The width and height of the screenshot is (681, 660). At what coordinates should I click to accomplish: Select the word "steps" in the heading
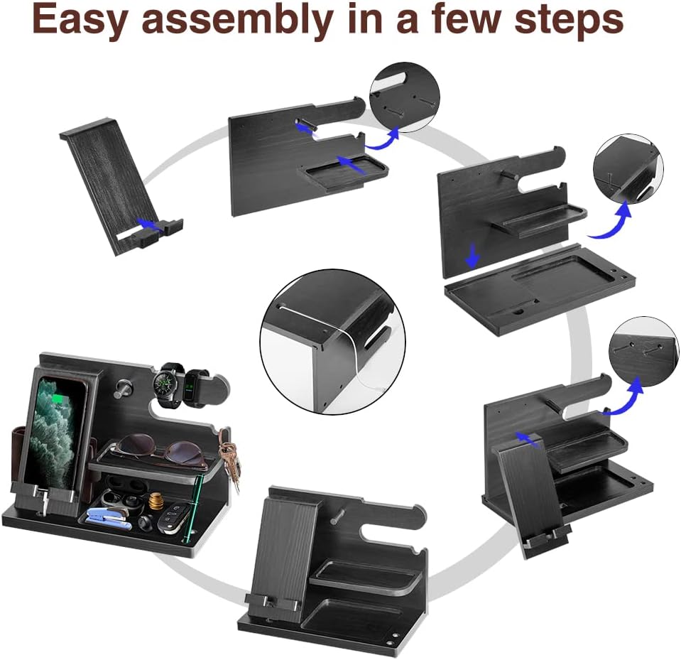point(570,21)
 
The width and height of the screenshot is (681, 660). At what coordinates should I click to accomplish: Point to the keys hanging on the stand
point(231,458)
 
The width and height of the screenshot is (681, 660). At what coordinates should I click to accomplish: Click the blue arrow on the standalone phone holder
point(150,224)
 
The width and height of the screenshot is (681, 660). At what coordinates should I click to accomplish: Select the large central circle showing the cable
point(332,342)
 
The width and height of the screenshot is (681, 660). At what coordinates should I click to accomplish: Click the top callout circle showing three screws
point(404,97)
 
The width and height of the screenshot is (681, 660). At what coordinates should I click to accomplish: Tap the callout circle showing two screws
point(643,351)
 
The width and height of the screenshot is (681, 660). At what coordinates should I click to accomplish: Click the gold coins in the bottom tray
point(156,502)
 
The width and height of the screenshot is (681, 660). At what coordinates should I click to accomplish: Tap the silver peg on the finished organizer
point(122,389)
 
